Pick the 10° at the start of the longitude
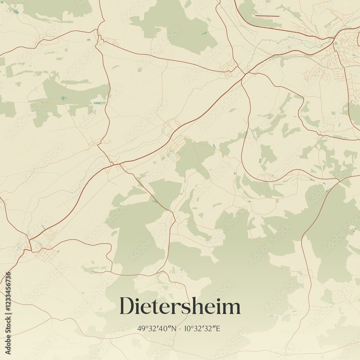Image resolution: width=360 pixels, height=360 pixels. coord(190,328)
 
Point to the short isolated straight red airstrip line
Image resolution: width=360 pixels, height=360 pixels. coord(267,16)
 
